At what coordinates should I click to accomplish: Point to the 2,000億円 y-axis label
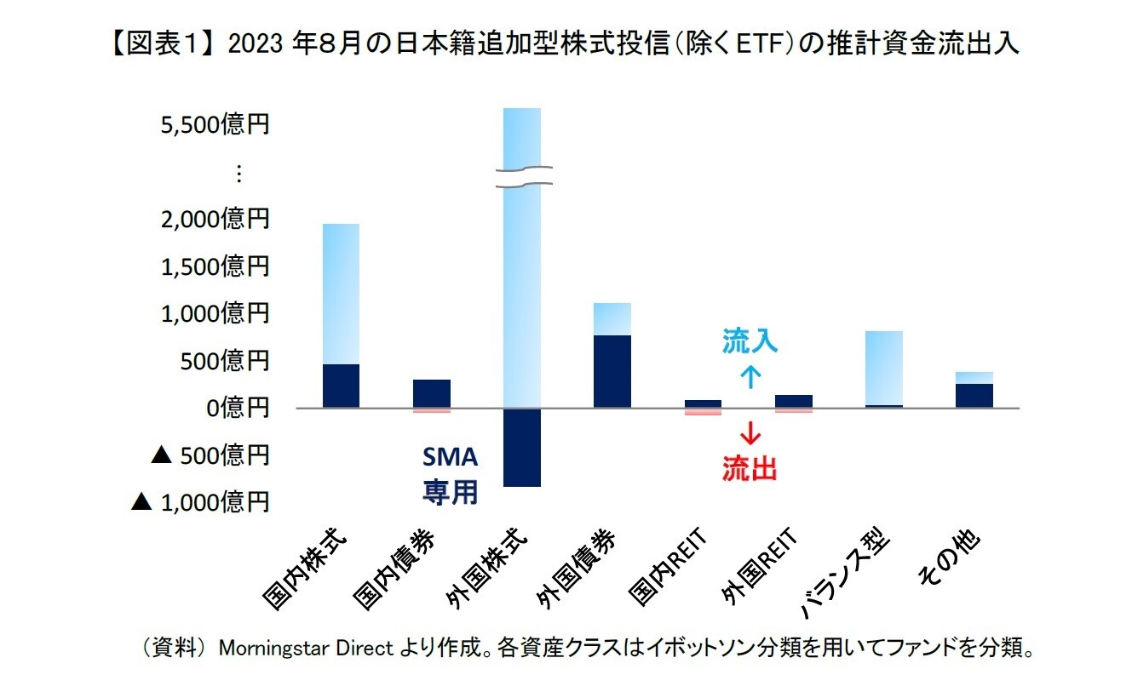click(215, 220)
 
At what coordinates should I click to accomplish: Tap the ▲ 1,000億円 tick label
click(200, 502)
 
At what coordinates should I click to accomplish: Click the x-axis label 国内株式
click(307, 570)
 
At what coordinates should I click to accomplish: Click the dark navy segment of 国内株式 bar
click(341, 386)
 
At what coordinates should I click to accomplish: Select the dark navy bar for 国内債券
click(432, 393)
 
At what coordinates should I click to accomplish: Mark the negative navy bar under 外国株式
click(522, 447)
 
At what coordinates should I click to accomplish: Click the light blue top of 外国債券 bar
click(612, 318)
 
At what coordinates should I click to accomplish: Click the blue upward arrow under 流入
click(750, 377)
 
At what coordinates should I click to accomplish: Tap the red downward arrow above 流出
click(750, 434)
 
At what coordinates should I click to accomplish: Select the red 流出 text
click(750, 468)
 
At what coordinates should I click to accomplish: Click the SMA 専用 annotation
click(451, 475)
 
